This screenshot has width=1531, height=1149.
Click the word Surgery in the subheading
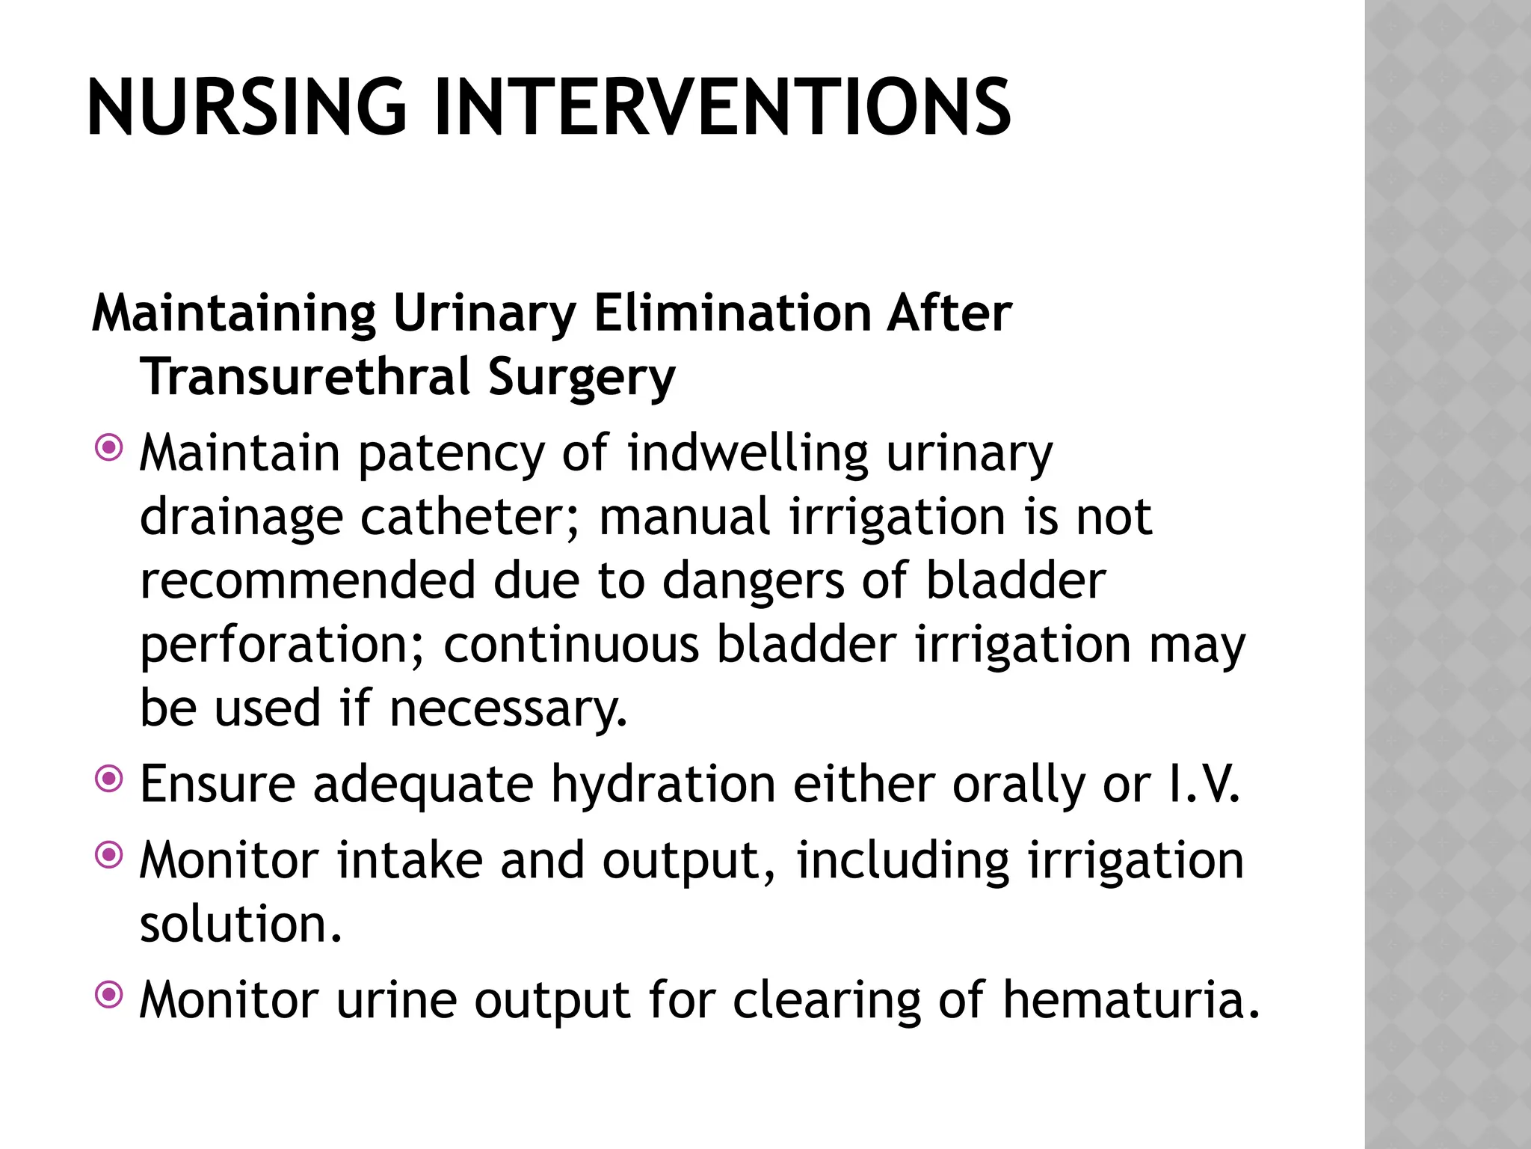582,378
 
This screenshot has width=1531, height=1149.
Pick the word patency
452,454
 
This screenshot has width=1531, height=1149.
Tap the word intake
410,860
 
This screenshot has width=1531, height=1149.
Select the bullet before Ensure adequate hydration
109,780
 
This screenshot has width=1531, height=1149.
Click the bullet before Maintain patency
109,449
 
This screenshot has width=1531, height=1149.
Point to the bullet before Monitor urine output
109,995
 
